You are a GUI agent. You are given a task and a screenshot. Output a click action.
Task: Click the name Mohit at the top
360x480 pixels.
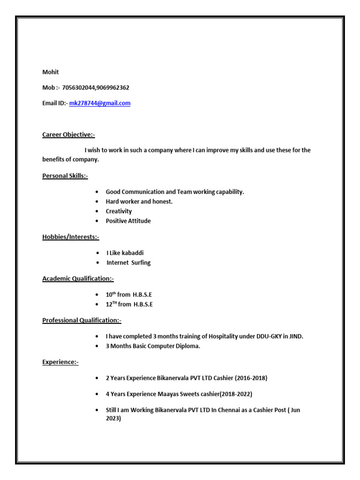pyautogui.click(x=51, y=72)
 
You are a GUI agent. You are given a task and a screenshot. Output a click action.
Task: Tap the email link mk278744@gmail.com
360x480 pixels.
pyautogui.click(x=100, y=103)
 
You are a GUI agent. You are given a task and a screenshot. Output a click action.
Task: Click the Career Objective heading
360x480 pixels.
pyautogui.click(x=68, y=135)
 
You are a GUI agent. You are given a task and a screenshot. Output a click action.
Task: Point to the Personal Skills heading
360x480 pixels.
pyautogui.click(x=65, y=176)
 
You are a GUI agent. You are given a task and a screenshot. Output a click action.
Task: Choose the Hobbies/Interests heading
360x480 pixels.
pyautogui.click(x=71, y=237)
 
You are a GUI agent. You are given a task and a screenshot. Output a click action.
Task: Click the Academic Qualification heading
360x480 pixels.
pyautogui.click(x=78, y=279)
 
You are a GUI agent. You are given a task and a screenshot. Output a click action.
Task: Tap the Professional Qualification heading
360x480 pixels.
pyautogui.click(x=82, y=321)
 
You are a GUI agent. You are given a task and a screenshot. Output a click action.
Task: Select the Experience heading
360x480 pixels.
pyautogui.click(x=60, y=362)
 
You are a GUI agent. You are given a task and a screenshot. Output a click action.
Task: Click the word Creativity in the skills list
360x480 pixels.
pyautogui.click(x=119, y=211)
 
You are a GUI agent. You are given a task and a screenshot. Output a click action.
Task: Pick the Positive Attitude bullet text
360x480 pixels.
pyautogui.click(x=128, y=221)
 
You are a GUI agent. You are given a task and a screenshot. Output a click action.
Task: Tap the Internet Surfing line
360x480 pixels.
pyautogui.click(x=128, y=263)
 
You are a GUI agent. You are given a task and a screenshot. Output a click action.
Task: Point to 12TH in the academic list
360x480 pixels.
pyautogui.click(x=111, y=304)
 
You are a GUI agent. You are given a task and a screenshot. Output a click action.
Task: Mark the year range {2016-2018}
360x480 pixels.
pyautogui.click(x=251, y=378)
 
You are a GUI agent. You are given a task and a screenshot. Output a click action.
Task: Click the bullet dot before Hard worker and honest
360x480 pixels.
pyautogui.click(x=97, y=202)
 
